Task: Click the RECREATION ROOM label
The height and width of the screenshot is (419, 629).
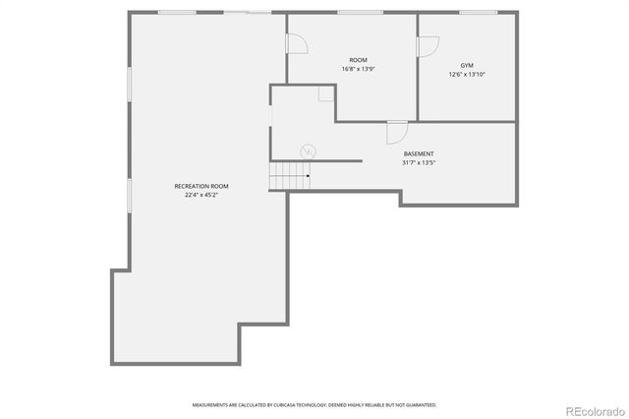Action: pyautogui.click(x=201, y=186)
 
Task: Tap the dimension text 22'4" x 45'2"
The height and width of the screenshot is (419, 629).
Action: pyautogui.click(x=201, y=195)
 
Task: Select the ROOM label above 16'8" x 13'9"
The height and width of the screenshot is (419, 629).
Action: pyautogui.click(x=358, y=60)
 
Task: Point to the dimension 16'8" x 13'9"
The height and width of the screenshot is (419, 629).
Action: pyautogui.click(x=358, y=69)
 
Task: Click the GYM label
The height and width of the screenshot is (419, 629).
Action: pyautogui.click(x=467, y=65)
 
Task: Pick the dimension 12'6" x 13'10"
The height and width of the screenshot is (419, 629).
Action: pyautogui.click(x=467, y=74)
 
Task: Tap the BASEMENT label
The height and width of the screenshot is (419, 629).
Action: pyautogui.click(x=419, y=154)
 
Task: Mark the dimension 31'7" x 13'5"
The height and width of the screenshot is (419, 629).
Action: pyautogui.click(x=419, y=163)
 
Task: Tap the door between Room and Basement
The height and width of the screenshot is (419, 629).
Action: pyautogui.click(x=397, y=132)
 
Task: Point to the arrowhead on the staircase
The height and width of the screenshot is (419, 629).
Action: pyautogui.click(x=308, y=176)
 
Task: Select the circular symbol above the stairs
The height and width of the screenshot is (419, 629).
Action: pyautogui.click(x=308, y=150)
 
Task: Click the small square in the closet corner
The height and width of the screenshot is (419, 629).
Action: pyautogui.click(x=325, y=92)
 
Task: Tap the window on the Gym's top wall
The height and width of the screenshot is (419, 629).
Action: pyautogui.click(x=478, y=13)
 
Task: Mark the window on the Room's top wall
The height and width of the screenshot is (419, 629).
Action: pyautogui.click(x=360, y=13)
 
